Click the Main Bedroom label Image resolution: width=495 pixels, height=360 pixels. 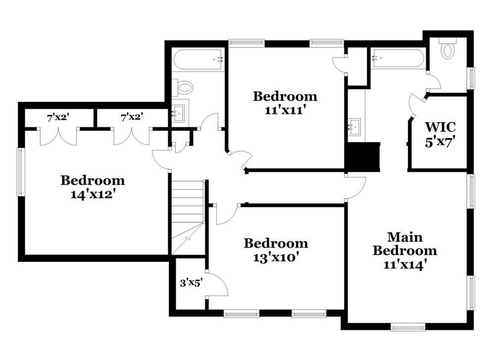[404, 243]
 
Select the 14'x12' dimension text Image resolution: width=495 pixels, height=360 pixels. [93, 195]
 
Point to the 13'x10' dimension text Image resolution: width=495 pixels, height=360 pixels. [276, 257]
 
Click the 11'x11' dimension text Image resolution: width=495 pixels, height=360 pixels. [285, 110]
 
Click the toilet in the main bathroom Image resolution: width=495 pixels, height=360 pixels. [448, 50]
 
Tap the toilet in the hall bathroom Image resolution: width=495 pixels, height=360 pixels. [185, 88]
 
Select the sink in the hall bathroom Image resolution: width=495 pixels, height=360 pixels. [178, 113]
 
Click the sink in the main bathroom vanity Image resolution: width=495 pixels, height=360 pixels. [354, 127]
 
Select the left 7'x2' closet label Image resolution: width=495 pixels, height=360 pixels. [58, 117]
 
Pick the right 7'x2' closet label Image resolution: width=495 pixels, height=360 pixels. [132, 117]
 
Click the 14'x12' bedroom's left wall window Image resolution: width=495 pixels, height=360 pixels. [20, 172]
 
